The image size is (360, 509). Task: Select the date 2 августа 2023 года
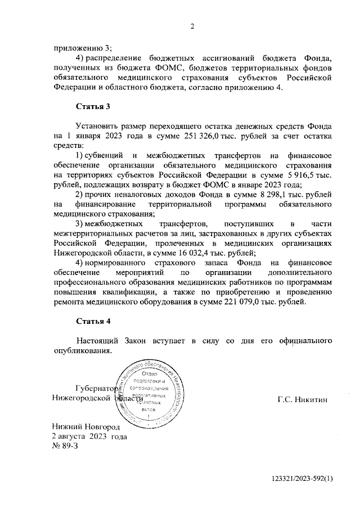89,436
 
